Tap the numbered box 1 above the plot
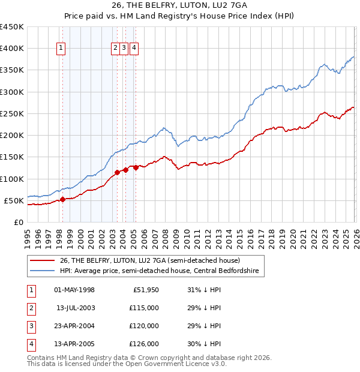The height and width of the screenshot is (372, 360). coord(62,49)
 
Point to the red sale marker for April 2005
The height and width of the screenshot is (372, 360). coord(136,167)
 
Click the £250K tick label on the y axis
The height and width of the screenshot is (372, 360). coord(11,113)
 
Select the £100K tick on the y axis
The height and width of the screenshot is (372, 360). coord(11,179)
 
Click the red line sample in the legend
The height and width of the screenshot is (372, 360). coord(42,260)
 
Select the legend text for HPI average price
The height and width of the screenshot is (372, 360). coord(159,271)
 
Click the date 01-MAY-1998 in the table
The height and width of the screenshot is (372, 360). coord(74,290)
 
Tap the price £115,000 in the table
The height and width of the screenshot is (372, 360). coord(144,307)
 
